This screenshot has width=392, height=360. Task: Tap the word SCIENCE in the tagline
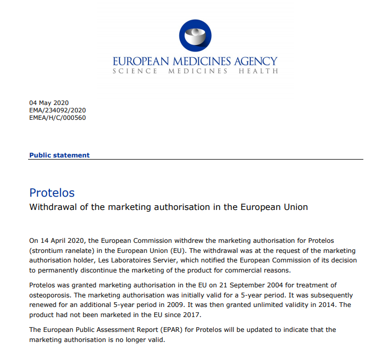pos(135,71)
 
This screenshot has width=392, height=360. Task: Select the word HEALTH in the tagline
pos(258,71)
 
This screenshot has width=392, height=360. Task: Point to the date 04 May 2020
pos(49,103)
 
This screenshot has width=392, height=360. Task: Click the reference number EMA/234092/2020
pos(57,110)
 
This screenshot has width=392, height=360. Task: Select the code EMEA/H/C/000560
pos(57,118)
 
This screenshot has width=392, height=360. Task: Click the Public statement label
pos(59,155)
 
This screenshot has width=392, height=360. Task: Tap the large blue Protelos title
pos(52,192)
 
